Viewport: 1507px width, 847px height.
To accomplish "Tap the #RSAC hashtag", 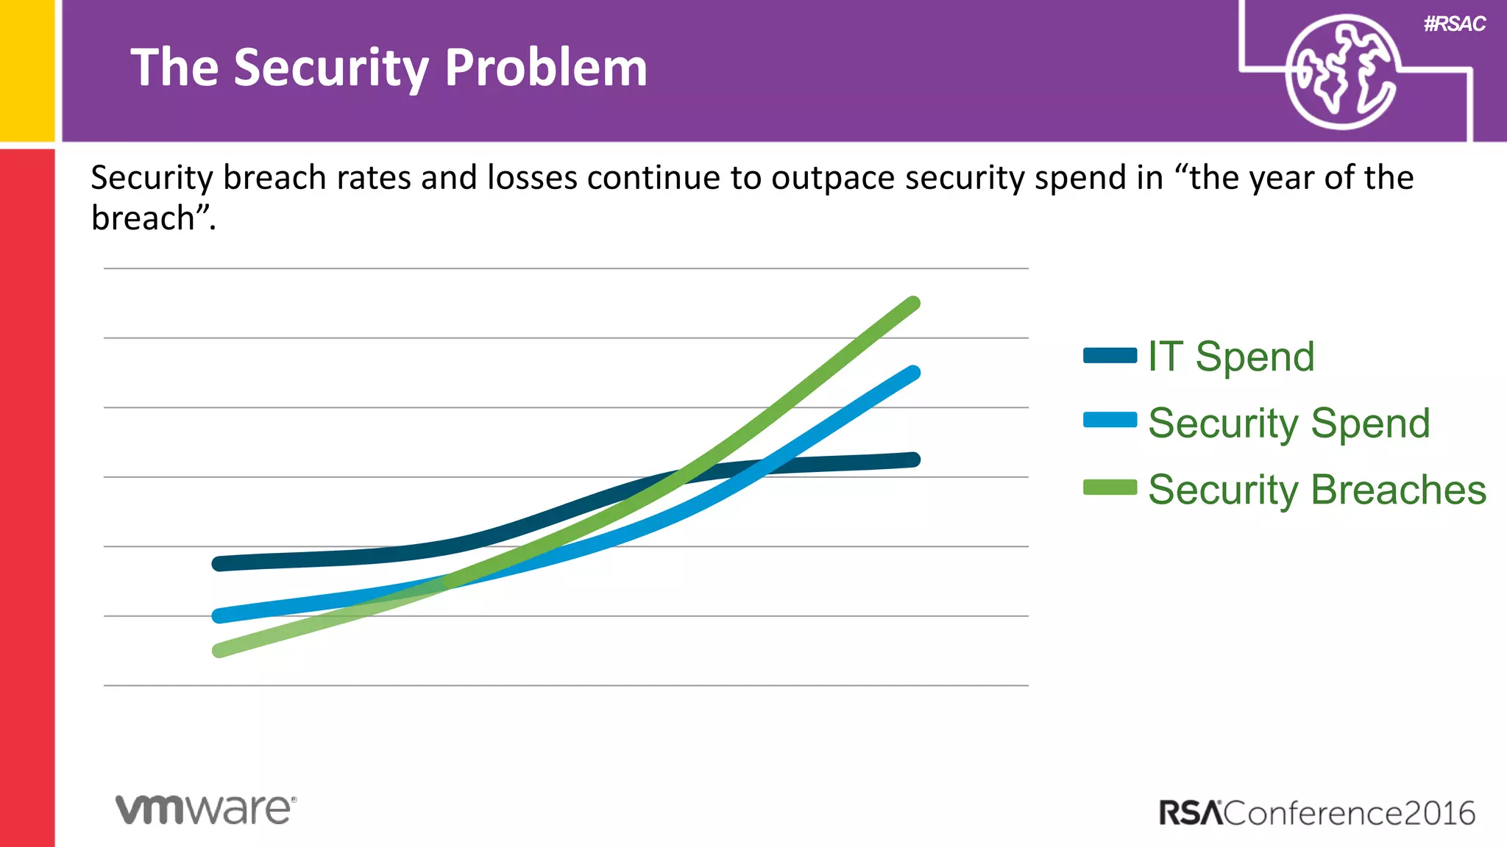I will coord(1454,24).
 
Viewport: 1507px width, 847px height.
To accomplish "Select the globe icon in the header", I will coord(1341,72).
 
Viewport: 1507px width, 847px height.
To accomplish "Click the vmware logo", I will coord(205,809).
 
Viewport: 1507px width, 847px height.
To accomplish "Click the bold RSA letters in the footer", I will coord(1190,813).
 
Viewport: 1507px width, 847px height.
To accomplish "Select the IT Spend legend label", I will coord(1231,357).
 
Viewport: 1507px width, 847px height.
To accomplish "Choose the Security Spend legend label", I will coord(1288,423).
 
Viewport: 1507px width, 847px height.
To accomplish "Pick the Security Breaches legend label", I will coord(1317,490).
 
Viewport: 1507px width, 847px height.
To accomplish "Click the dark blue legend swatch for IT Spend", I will coord(1110,356).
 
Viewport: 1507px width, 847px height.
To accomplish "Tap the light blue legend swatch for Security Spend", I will coord(1110,420).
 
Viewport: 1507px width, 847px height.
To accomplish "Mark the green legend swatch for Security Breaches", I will coord(1110,487).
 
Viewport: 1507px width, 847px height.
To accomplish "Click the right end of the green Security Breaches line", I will coord(912,304).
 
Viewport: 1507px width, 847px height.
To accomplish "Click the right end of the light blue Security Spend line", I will coord(912,374).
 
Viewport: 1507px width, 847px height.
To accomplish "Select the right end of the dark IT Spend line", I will coord(912,460).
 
